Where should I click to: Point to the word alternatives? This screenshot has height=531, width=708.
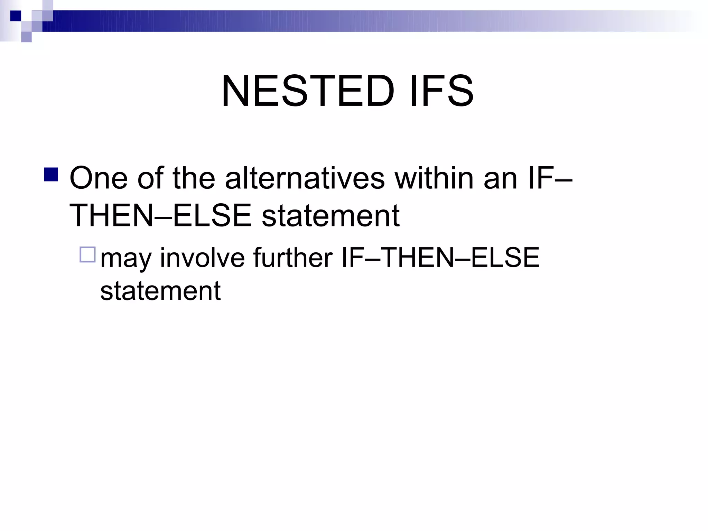(x=305, y=178)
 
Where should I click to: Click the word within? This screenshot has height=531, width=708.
(x=434, y=178)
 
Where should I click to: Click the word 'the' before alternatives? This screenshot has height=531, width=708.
(x=194, y=178)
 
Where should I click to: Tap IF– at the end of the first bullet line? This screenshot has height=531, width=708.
(x=550, y=178)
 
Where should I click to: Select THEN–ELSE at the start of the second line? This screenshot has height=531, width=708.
(x=160, y=216)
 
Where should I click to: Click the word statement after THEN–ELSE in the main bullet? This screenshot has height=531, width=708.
(x=330, y=216)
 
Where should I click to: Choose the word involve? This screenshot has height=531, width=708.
(x=202, y=258)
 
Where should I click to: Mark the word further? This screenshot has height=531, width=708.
(x=292, y=258)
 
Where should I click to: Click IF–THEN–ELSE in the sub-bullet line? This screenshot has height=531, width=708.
(x=440, y=258)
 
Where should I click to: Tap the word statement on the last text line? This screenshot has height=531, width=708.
(x=160, y=291)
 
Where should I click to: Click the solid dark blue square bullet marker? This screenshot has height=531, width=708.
(x=51, y=175)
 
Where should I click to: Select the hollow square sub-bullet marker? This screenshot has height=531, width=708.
(x=87, y=255)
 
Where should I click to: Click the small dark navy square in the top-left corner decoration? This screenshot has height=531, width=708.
(x=16, y=16)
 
